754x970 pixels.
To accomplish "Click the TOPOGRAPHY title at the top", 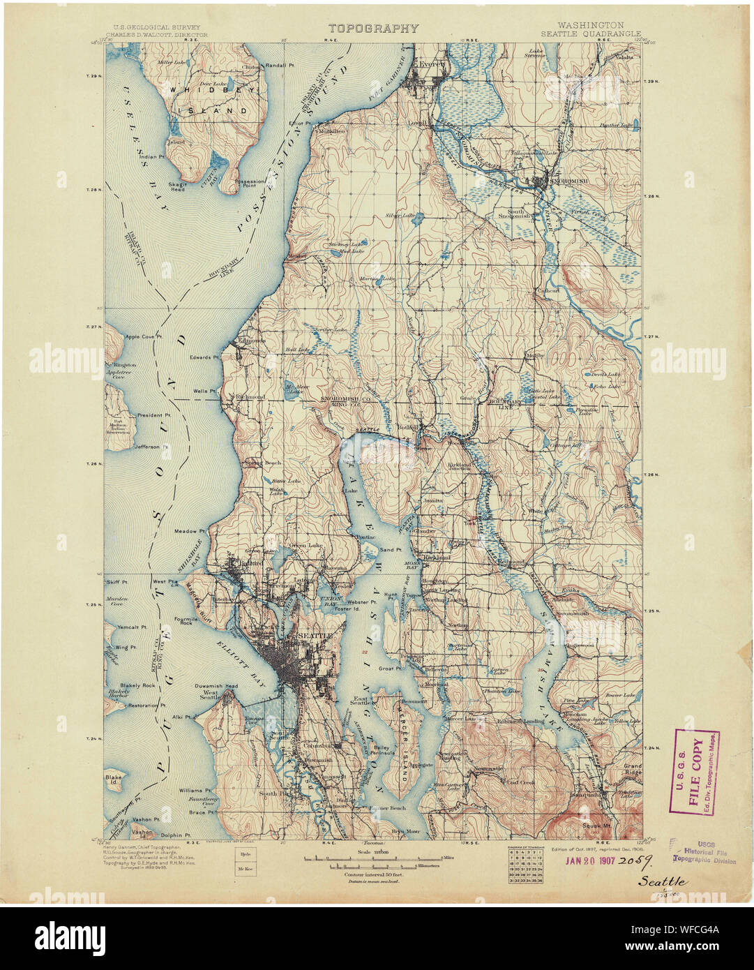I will click(373, 29).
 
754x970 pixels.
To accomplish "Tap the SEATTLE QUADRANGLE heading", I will click(581, 33).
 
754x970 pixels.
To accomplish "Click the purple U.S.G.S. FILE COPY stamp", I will click(695, 771).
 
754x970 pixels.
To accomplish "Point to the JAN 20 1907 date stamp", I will click(598, 862).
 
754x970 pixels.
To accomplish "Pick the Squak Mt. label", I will click(596, 823).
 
